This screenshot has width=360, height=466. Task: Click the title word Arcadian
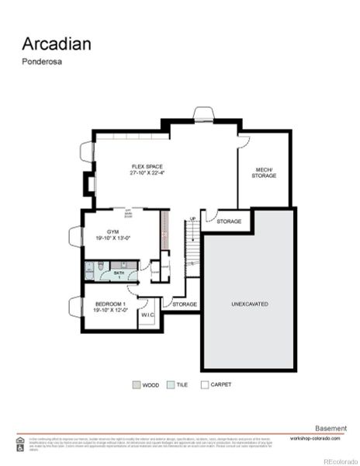point(57,43)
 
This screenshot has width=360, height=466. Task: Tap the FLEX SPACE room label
point(147,166)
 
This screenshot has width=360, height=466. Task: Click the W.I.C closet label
point(147,315)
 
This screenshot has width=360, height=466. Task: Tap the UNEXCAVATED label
point(250,304)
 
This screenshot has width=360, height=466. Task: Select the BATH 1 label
point(119,273)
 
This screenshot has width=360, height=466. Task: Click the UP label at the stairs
point(193,219)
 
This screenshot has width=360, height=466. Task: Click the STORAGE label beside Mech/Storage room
point(229,221)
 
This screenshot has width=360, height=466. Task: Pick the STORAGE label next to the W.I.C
point(185,304)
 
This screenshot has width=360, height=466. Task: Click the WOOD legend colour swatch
point(136,384)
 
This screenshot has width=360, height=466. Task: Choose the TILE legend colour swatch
point(170,384)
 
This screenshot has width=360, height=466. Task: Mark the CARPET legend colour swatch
point(205,384)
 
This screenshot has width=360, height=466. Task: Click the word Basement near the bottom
point(332,428)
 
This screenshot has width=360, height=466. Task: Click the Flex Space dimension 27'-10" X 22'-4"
point(147,173)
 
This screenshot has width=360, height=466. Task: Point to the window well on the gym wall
point(75,236)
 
